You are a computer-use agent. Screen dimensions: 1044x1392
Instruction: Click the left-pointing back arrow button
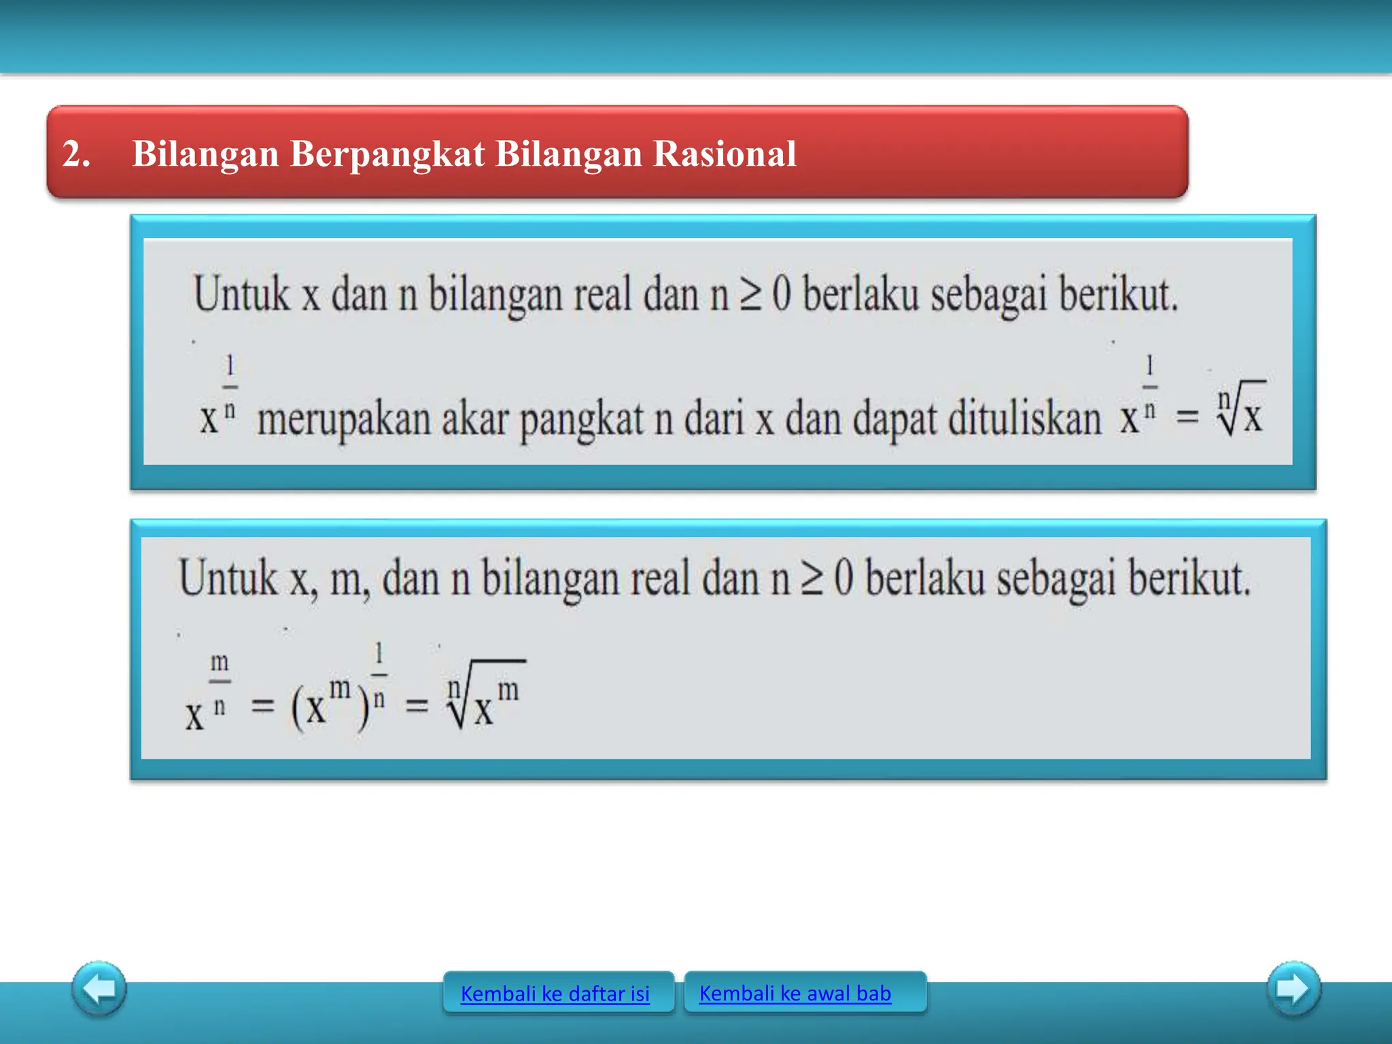99,988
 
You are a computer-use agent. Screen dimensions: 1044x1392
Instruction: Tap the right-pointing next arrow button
1293,988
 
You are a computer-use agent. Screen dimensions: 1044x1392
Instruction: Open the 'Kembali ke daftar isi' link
555,994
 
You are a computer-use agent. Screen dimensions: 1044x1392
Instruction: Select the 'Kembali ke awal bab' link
795,993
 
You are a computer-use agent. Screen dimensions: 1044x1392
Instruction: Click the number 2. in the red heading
76,154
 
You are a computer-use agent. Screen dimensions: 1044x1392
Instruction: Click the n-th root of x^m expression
484,697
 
